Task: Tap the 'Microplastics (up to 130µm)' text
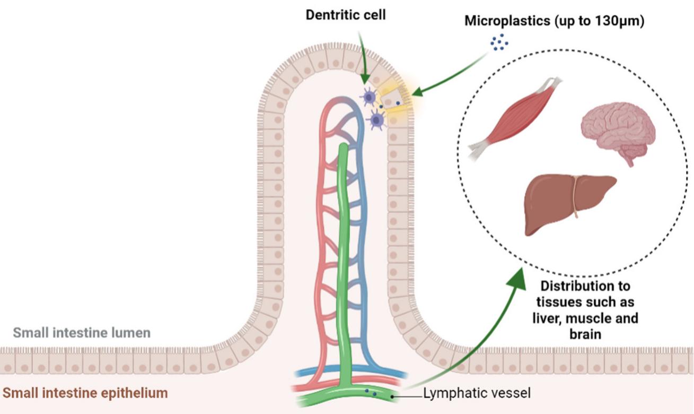[554, 22]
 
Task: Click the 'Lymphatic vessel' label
[477, 393]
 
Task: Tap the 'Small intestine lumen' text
[82, 333]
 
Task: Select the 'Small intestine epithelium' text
[85, 393]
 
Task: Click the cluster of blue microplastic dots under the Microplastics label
[499, 42]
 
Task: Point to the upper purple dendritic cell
[369, 98]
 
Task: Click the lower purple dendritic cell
[377, 120]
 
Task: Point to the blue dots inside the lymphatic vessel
[371, 393]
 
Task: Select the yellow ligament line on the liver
[574, 196]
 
